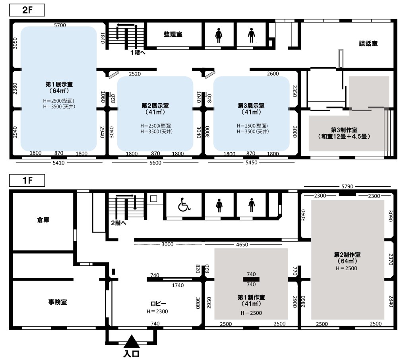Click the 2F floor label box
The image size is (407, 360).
[27, 10]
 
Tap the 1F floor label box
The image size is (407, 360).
[27, 180]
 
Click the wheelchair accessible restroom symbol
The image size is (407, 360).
[184, 205]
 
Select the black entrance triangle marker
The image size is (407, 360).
[132, 341]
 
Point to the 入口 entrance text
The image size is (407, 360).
[132, 354]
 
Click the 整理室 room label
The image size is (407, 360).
[173, 34]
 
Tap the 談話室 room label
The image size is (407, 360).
[368, 44]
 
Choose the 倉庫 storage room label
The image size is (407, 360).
[43, 220]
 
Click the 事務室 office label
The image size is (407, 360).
[58, 302]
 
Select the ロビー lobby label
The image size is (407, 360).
[158, 304]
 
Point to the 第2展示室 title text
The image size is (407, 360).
[155, 106]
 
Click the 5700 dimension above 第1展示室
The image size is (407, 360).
[60, 25]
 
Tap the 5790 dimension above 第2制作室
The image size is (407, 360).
[347, 186]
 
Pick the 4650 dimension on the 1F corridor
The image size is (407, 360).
[242, 244]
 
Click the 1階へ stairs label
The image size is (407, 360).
[138, 53]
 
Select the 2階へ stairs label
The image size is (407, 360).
[118, 223]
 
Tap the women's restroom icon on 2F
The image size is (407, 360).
[219, 35]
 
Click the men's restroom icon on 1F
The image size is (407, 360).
[252, 205]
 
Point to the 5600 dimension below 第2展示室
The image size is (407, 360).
[155, 163]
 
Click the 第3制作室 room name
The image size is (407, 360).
[344, 130]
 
